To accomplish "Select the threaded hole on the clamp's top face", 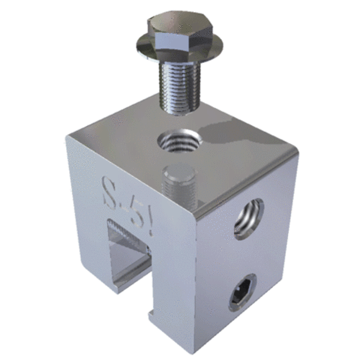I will (178, 139).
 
